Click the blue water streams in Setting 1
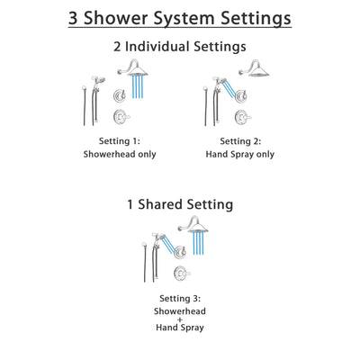[139, 89]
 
